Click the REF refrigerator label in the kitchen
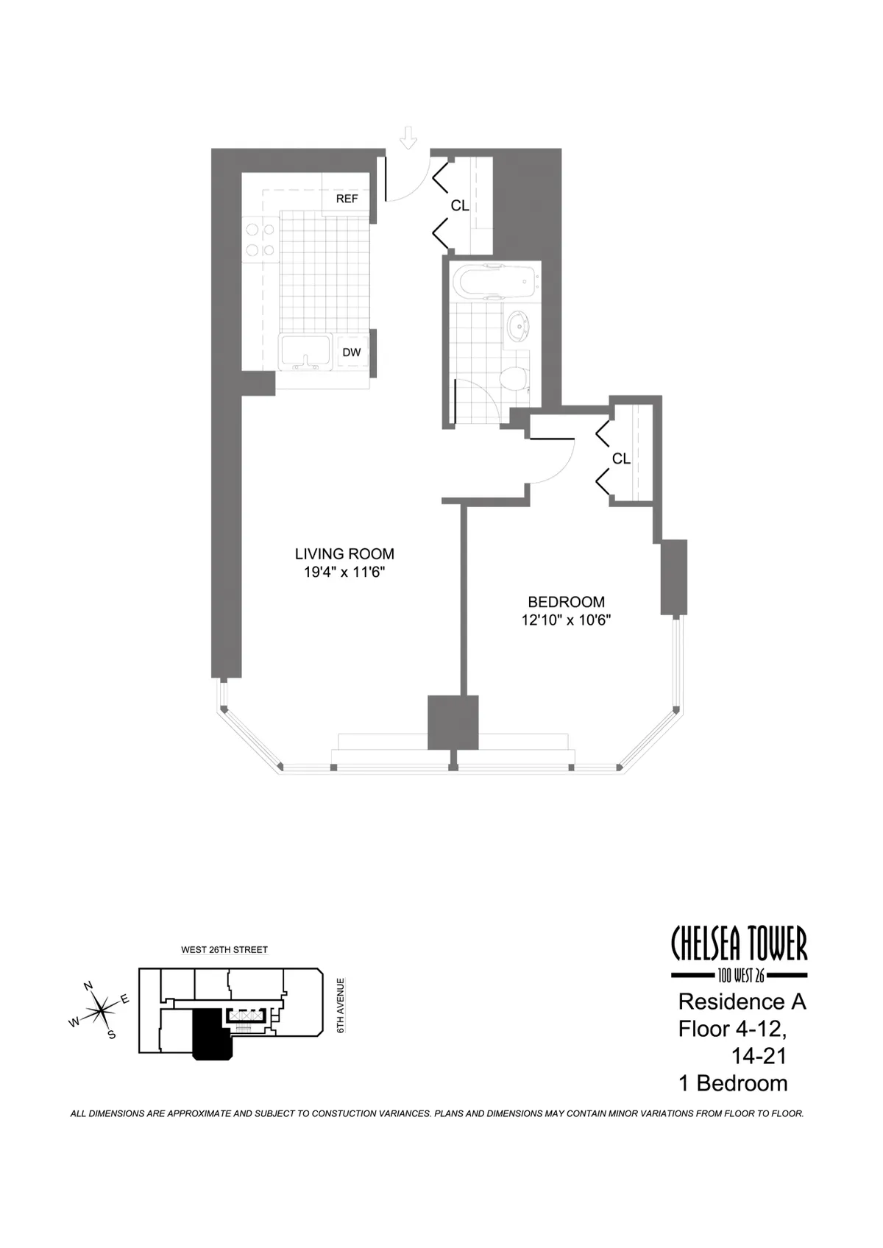tap(347, 199)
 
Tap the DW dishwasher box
tap(352, 352)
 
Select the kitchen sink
tap(306, 352)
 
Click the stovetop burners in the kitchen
tap(260, 240)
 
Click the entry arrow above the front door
tap(408, 138)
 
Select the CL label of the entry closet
tap(460, 206)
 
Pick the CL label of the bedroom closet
tap(621, 458)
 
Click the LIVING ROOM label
tap(344, 554)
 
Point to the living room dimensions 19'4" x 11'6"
tap(344, 572)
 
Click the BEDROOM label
tap(566, 602)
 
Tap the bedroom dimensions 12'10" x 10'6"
tap(566, 620)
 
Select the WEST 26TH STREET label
tap(224, 950)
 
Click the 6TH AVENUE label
tap(341, 1005)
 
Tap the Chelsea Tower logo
tap(740, 953)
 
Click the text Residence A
tap(742, 1001)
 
